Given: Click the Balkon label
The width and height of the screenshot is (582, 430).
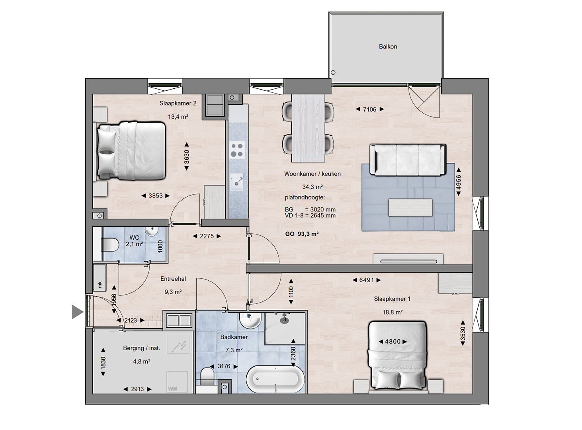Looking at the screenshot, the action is [388, 47].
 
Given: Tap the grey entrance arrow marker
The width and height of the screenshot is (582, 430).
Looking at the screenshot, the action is [78, 312].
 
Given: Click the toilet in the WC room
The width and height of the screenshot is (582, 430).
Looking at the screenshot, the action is [109, 244].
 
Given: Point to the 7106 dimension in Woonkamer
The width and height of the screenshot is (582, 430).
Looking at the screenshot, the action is [369, 109].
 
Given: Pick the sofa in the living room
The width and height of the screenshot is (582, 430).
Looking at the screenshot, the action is [408, 159].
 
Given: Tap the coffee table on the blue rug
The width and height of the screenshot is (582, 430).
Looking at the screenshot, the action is [410, 208].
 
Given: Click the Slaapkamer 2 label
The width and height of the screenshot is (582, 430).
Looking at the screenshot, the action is [178, 104].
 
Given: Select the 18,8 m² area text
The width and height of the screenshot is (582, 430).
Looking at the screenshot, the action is [392, 312].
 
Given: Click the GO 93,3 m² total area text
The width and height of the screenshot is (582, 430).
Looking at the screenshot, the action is [302, 234].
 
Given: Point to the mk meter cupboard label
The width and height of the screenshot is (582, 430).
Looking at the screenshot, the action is [100, 285].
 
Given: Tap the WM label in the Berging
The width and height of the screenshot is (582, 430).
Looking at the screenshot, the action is [172, 389].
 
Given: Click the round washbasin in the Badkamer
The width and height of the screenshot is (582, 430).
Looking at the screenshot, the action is [250, 320].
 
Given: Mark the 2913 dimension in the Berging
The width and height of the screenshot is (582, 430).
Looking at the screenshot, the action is [137, 389].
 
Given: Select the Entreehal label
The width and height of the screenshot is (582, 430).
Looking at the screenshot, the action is [173, 279].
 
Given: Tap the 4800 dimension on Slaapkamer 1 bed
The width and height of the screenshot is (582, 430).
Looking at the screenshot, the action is [393, 342].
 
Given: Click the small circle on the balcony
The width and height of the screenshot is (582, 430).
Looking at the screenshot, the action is [333, 72].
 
